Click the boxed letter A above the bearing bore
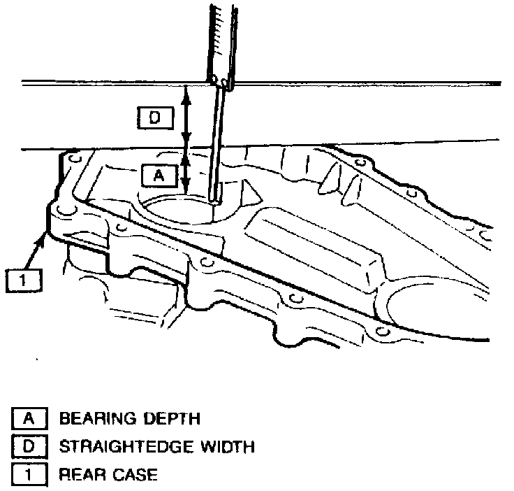click(x=158, y=176)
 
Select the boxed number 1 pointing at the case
click(x=22, y=281)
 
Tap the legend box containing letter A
click(x=29, y=418)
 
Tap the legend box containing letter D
click(x=29, y=446)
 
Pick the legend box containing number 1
click(x=29, y=474)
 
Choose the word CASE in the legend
click(x=135, y=474)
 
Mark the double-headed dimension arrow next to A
click(x=186, y=171)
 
